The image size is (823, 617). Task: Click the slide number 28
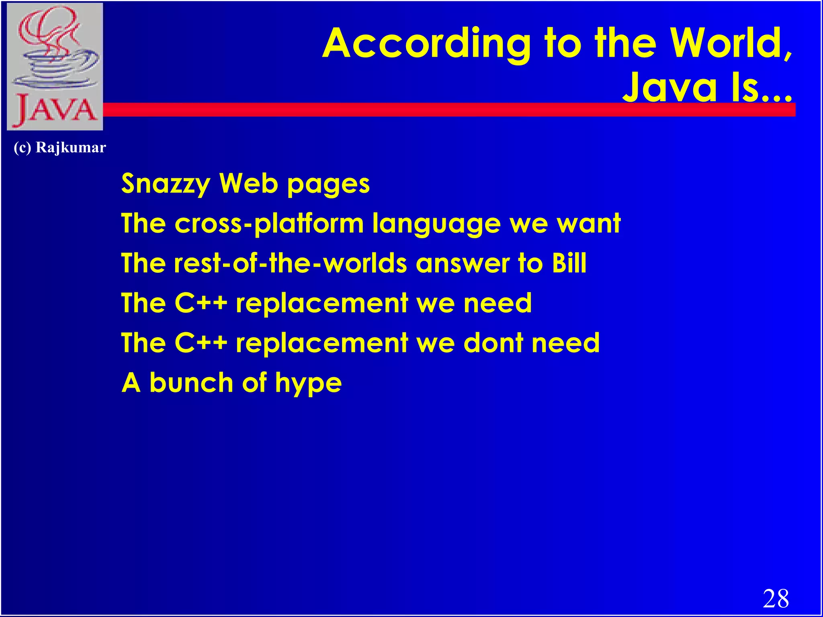pos(776,599)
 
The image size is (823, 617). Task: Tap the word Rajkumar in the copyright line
pos(71,147)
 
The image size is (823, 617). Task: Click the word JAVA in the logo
pos(55,110)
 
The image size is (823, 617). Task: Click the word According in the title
pos(426,44)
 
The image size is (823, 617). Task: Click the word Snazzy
pos(166,184)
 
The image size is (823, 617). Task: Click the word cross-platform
pos(269,224)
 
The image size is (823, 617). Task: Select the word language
pos(436,224)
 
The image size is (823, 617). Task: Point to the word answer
pos(463,264)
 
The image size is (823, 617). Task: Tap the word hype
pos(308,383)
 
